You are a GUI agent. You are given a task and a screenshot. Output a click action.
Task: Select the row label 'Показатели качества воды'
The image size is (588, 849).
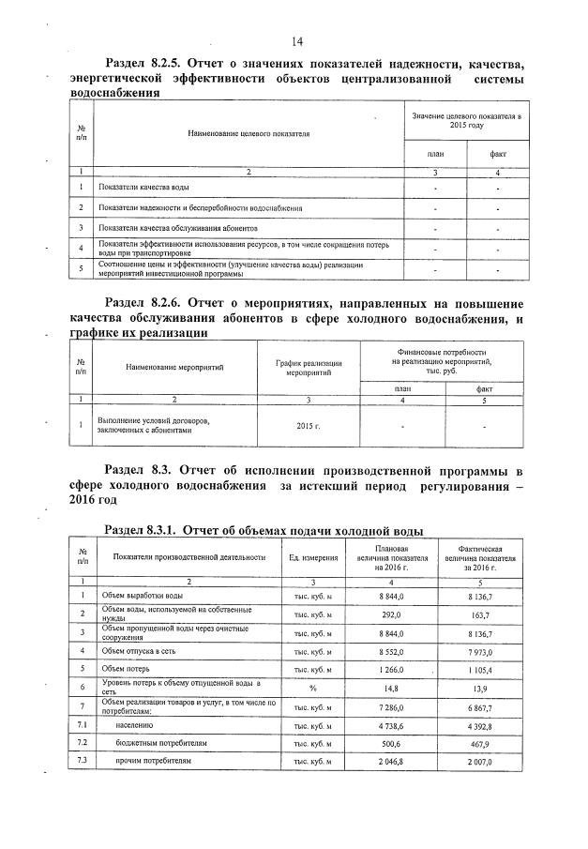pyautogui.click(x=138, y=189)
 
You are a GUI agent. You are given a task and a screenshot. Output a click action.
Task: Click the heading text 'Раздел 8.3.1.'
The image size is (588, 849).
pyautogui.click(x=142, y=530)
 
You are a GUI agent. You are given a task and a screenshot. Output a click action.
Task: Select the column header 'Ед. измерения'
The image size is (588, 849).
pyautogui.click(x=313, y=558)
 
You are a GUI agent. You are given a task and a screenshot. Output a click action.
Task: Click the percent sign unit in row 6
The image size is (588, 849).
pyautogui.click(x=313, y=688)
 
